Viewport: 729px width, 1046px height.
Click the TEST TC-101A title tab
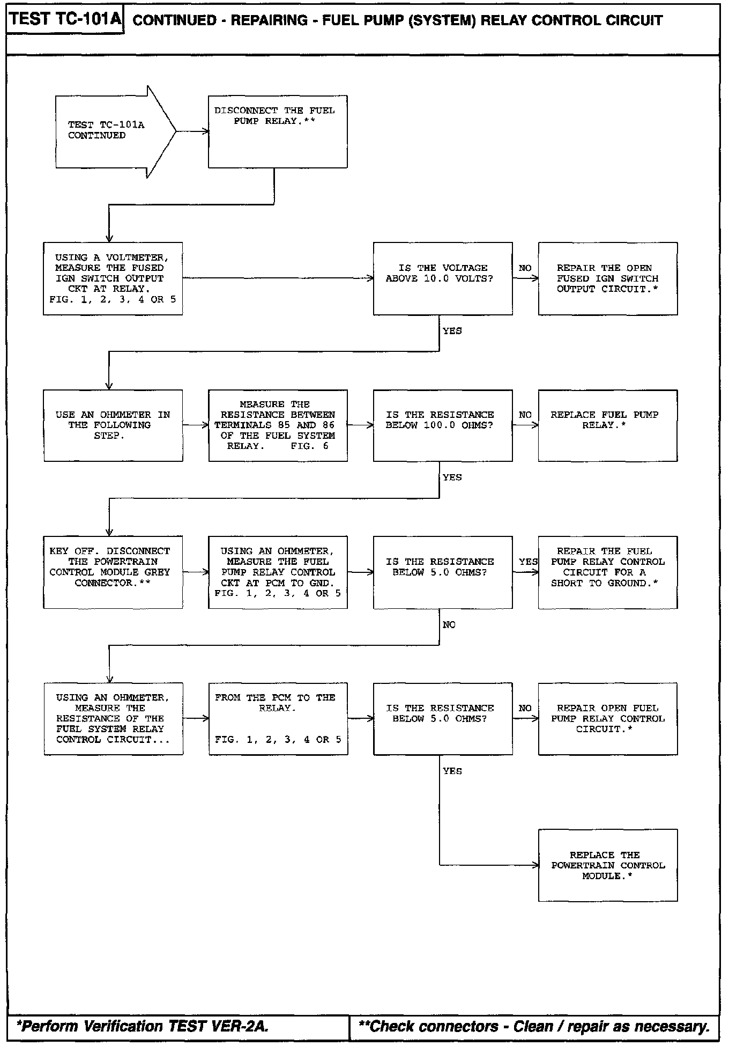click(65, 20)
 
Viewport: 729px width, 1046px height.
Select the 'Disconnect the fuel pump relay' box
click(278, 131)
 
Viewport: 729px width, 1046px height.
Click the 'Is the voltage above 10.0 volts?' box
click(443, 278)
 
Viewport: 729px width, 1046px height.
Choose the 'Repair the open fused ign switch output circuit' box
click(608, 278)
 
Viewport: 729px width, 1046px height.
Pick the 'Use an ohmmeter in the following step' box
click(113, 425)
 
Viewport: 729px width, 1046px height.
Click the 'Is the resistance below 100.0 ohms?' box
click(443, 425)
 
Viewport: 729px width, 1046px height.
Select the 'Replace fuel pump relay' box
click(608, 425)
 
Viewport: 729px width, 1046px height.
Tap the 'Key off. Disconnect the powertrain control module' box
click(113, 572)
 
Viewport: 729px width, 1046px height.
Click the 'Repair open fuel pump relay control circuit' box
click(608, 719)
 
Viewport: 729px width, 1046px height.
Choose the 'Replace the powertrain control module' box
click(608, 865)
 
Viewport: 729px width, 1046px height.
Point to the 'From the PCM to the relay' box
click(278, 719)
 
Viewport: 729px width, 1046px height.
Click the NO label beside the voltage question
click(525, 268)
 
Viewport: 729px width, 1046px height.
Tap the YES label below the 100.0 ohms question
click(452, 477)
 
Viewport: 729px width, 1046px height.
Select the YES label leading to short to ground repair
click(528, 562)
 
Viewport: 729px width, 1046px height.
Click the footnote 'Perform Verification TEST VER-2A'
click(143, 1027)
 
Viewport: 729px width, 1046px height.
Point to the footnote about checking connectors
click(534, 1027)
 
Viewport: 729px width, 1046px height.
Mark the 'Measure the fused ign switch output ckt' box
click(113, 278)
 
